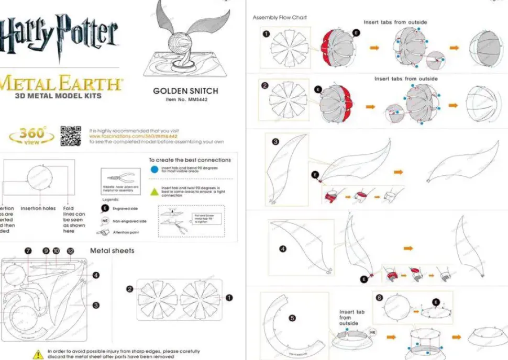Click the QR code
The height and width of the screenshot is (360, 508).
coord(71,136)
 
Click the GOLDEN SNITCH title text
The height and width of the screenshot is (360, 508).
coord(185,91)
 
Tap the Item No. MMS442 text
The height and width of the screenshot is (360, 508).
coord(186,99)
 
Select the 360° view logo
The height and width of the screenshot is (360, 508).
coord(31,136)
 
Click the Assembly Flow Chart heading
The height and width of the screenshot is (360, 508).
coord(280,18)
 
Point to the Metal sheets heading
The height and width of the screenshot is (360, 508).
coord(112,251)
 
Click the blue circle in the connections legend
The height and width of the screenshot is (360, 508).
coord(154,169)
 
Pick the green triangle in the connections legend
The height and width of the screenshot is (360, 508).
coord(154,192)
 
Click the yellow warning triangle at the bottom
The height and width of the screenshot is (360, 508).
coord(38,354)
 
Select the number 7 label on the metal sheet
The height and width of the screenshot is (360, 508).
coord(28,251)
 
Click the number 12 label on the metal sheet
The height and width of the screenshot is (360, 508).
coord(70,251)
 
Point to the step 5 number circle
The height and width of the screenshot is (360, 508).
coord(292,318)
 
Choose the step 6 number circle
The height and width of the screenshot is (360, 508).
coord(380,298)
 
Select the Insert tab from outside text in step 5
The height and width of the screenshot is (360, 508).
coord(352,318)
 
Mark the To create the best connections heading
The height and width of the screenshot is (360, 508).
coord(190,160)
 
